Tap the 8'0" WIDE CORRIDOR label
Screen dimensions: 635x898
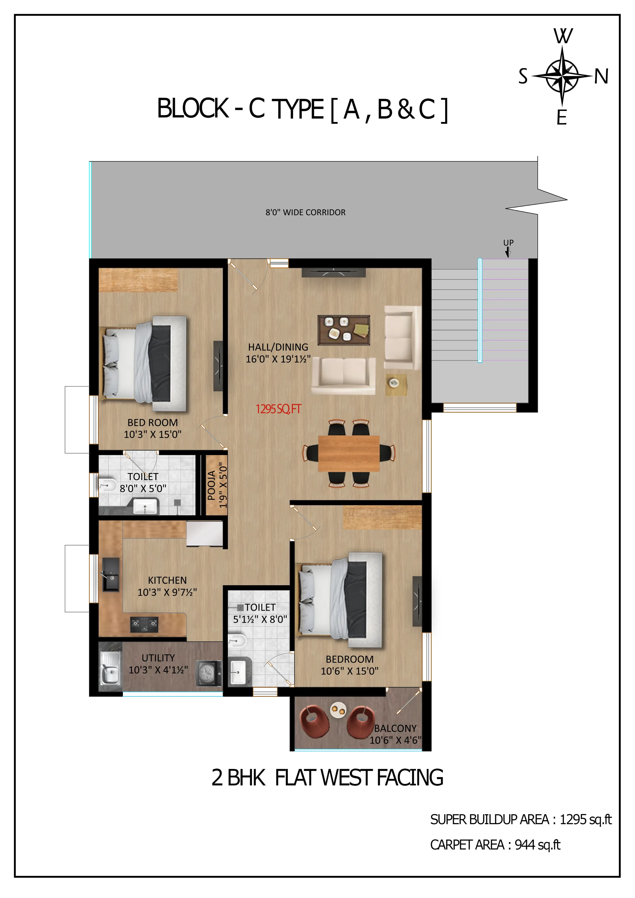coord(305,212)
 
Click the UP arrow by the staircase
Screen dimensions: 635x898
coord(508,252)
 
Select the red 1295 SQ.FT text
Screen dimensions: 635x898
coord(278,409)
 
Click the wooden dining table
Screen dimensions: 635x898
coord(349,453)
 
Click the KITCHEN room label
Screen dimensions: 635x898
coord(167,580)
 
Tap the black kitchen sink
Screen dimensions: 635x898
coord(111,574)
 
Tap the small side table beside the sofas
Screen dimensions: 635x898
coord(396,385)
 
